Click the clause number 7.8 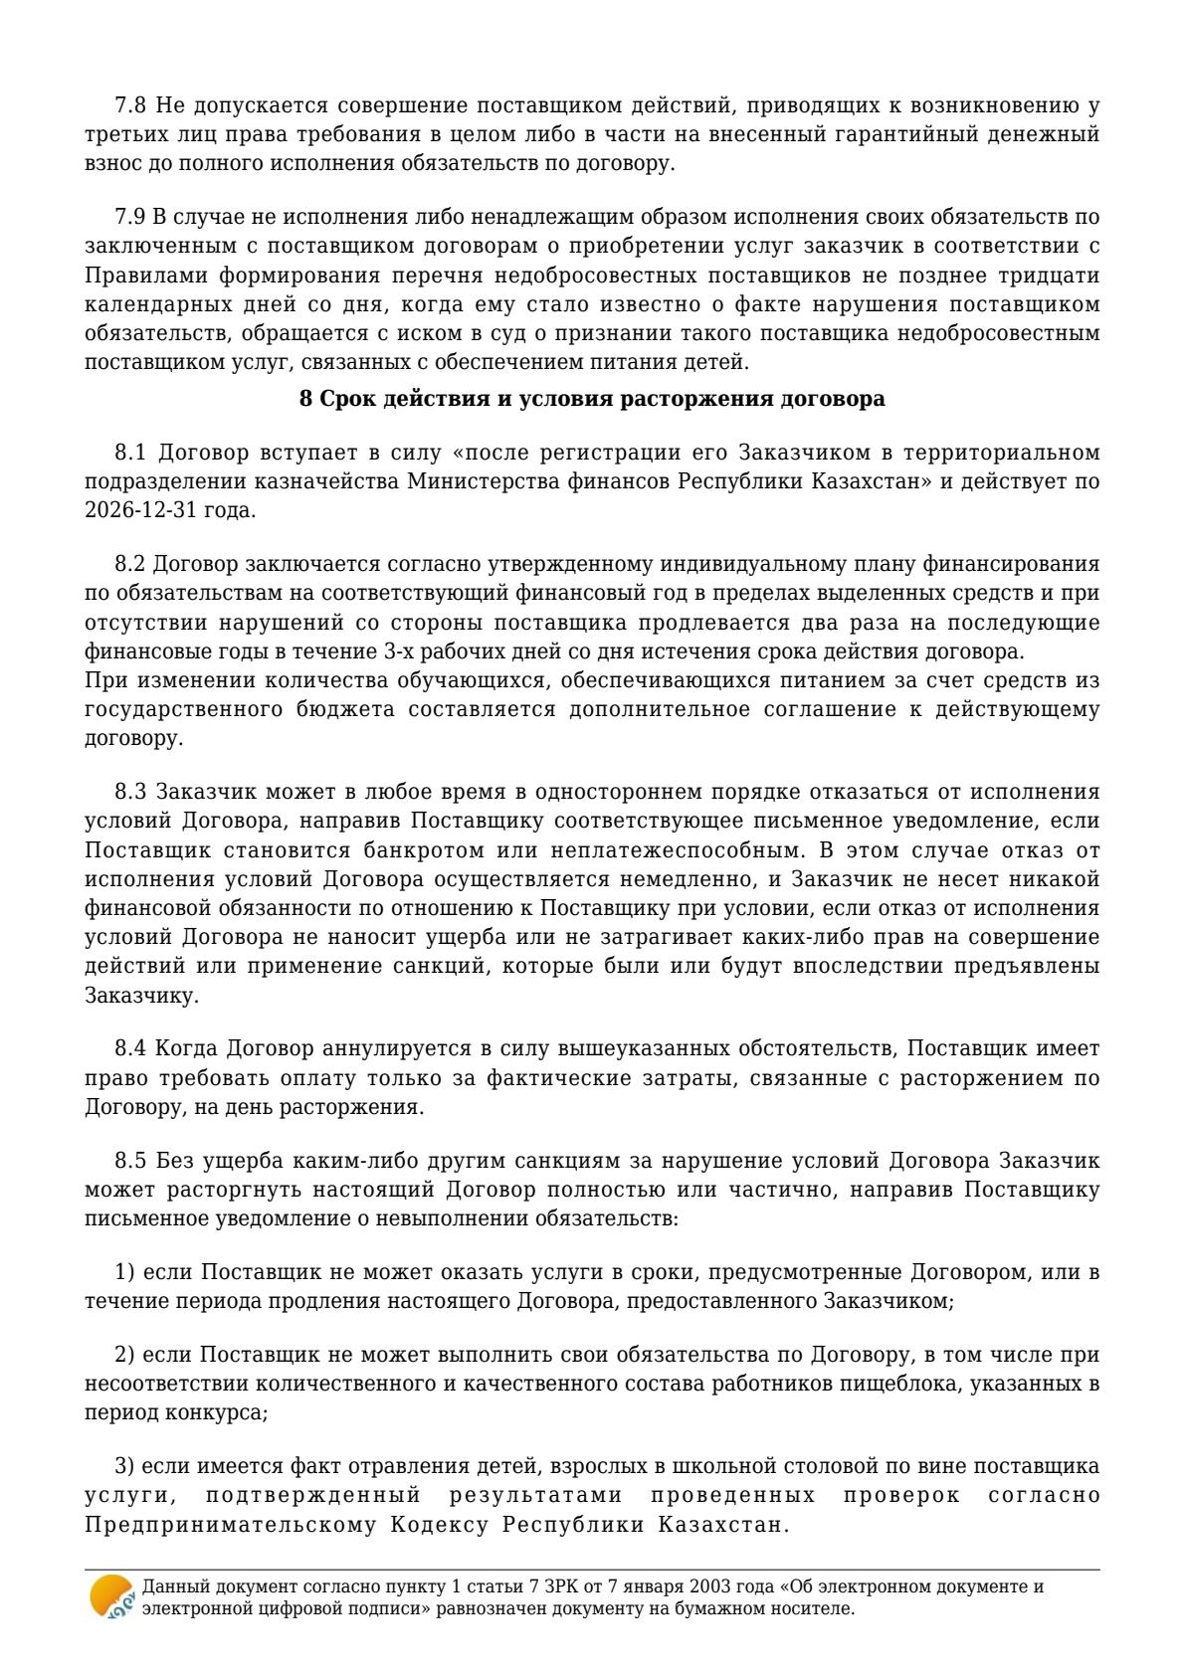131,105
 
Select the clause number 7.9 131,217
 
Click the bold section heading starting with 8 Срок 592,400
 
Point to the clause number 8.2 131,565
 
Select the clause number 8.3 131,793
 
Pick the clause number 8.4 131,1049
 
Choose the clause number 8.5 131,1162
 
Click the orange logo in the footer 110,1596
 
